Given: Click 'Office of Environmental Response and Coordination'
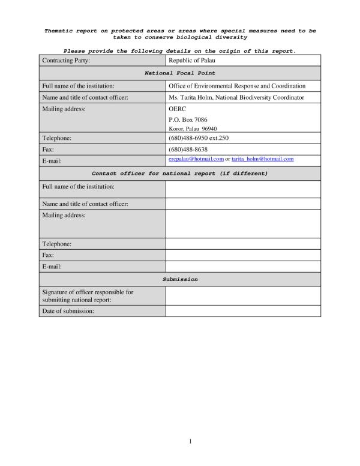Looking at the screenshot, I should pyautogui.click(x=237, y=86).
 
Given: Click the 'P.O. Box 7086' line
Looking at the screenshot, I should pyautogui.click(x=188, y=120).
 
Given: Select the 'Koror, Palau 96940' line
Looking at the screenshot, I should pyautogui.click(x=193, y=129).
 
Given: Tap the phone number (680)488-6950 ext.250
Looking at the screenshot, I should pyautogui.click(x=199, y=138).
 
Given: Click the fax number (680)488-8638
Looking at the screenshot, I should pyautogui.click(x=188, y=149).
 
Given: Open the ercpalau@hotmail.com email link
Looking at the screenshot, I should pyautogui.click(x=196, y=159).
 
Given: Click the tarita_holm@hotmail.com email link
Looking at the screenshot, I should pyautogui.click(x=262, y=159).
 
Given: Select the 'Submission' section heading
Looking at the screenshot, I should pyautogui.click(x=180, y=280).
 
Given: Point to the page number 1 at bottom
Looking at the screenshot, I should pyautogui.click(x=190, y=442).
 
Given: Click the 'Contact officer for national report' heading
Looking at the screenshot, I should pyautogui.click(x=180, y=174).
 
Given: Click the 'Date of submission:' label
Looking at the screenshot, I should pyautogui.click(x=68, y=311).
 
